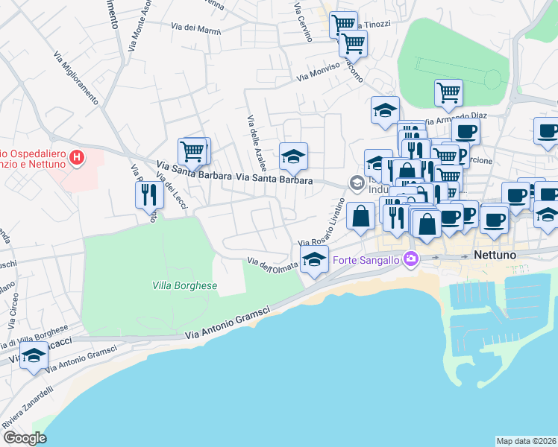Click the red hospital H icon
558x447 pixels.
click(75, 157)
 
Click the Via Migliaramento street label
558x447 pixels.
click(76, 77)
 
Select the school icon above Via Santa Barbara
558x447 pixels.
click(293, 156)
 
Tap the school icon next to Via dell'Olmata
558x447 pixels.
click(314, 260)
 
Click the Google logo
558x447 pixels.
click(25, 438)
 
